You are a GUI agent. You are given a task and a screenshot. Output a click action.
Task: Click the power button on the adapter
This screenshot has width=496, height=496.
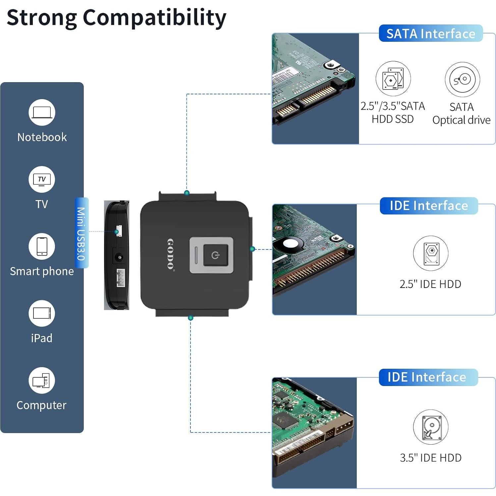pos(215,255)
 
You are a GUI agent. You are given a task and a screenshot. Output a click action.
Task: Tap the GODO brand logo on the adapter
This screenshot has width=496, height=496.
pos(170,254)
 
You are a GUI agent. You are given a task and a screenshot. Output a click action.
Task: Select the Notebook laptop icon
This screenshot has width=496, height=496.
pos(42,112)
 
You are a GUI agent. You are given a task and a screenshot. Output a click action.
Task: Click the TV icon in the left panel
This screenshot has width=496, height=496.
pos(42,180)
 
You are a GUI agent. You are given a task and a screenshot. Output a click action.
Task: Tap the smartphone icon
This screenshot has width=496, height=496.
pos(42,247)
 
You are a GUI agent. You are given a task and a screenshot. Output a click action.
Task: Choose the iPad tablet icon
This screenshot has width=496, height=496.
pos(42,313)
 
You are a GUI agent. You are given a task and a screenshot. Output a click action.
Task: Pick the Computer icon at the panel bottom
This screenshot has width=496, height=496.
pos(42,380)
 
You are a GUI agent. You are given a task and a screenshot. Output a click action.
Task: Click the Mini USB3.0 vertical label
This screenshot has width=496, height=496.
pos(81,233)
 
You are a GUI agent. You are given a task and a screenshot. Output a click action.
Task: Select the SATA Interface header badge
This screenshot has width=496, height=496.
pos(430,34)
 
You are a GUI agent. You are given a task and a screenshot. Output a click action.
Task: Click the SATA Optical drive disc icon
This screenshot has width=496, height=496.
pos(462,80)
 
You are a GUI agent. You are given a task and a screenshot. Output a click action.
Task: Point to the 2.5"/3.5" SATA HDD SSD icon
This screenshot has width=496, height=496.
pos(393,79)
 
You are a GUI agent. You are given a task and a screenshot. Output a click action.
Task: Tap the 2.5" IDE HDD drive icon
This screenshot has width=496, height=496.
pos(430,253)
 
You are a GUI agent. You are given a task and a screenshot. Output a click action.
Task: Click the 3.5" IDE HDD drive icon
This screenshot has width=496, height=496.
pos(430,427)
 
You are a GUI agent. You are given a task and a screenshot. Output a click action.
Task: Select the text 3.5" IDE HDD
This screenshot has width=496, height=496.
pos(430,458)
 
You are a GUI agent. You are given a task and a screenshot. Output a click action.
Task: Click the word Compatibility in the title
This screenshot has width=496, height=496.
pos(154,18)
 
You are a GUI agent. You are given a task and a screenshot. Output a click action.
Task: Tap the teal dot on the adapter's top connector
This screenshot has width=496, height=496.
pos(187,193)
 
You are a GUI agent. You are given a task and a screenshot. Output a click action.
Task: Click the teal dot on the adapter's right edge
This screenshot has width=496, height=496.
pos(252,249)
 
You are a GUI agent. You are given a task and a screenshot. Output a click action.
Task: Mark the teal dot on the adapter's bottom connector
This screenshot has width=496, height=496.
pos(191,318)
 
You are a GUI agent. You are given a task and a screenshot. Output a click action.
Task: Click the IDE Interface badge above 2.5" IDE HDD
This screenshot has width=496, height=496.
pos(429,206)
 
